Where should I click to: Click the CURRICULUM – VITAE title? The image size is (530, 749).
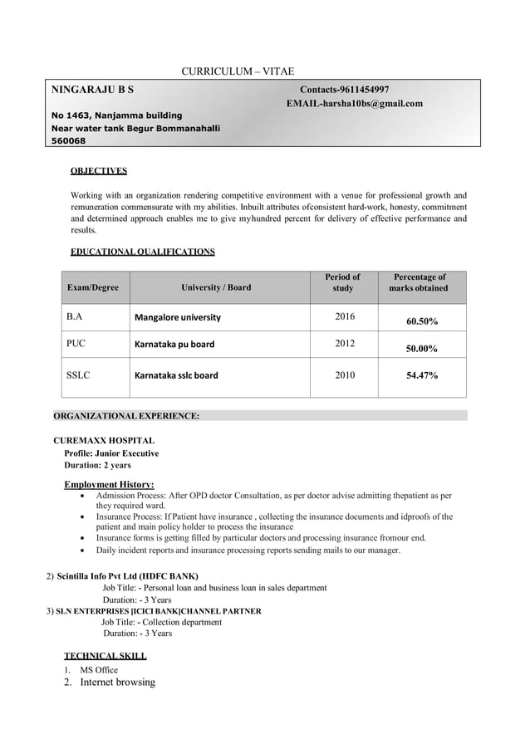point(238,71)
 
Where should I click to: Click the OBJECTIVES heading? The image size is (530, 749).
point(99,171)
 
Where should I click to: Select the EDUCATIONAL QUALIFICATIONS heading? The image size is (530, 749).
point(143,251)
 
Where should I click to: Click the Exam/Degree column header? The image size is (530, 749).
point(92,287)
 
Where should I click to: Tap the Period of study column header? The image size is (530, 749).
point(343,282)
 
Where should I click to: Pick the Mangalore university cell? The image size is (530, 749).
point(178,317)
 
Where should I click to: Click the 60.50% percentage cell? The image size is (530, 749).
point(422,321)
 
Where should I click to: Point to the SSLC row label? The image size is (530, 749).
point(78,375)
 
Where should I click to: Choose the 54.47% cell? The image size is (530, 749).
point(422,375)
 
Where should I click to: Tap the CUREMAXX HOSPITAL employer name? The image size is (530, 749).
point(104,440)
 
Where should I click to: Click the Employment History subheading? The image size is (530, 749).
point(109,485)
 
